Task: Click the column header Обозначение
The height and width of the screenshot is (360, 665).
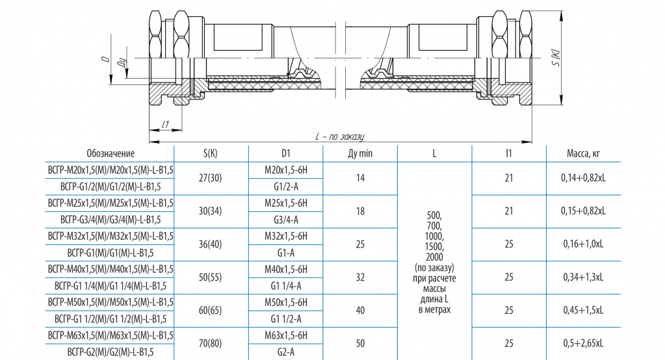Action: click(x=111, y=153)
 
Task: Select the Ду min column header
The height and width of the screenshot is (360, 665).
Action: click(x=360, y=153)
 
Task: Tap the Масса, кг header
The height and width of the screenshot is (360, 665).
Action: click(x=583, y=153)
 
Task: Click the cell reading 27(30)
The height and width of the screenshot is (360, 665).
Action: click(x=211, y=178)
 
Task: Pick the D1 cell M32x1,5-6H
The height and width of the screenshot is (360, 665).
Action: click(x=286, y=236)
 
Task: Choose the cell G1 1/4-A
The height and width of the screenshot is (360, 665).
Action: click(x=286, y=286)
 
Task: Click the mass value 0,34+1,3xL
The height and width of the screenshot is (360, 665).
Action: click(x=583, y=277)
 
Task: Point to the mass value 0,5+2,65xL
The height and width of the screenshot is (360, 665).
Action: click(x=583, y=344)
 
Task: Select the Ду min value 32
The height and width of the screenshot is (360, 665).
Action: click(x=360, y=277)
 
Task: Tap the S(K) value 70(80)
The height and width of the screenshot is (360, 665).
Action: click(x=211, y=344)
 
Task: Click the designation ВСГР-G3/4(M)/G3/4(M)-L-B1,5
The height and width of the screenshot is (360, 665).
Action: click(x=111, y=220)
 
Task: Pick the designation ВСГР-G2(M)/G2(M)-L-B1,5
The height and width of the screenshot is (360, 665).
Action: click(x=111, y=352)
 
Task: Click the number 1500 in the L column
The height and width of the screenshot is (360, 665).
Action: click(x=434, y=247)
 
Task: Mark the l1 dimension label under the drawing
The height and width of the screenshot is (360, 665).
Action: click(x=165, y=124)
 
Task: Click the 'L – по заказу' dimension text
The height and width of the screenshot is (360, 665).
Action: click(x=340, y=136)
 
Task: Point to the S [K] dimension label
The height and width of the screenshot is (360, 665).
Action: click(x=556, y=58)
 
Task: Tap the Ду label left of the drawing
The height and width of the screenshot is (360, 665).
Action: click(x=122, y=64)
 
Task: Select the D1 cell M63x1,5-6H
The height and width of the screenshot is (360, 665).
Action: click(x=286, y=335)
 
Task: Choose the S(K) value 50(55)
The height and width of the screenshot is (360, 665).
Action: click(x=211, y=277)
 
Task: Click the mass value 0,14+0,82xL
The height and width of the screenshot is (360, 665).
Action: click(x=583, y=178)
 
